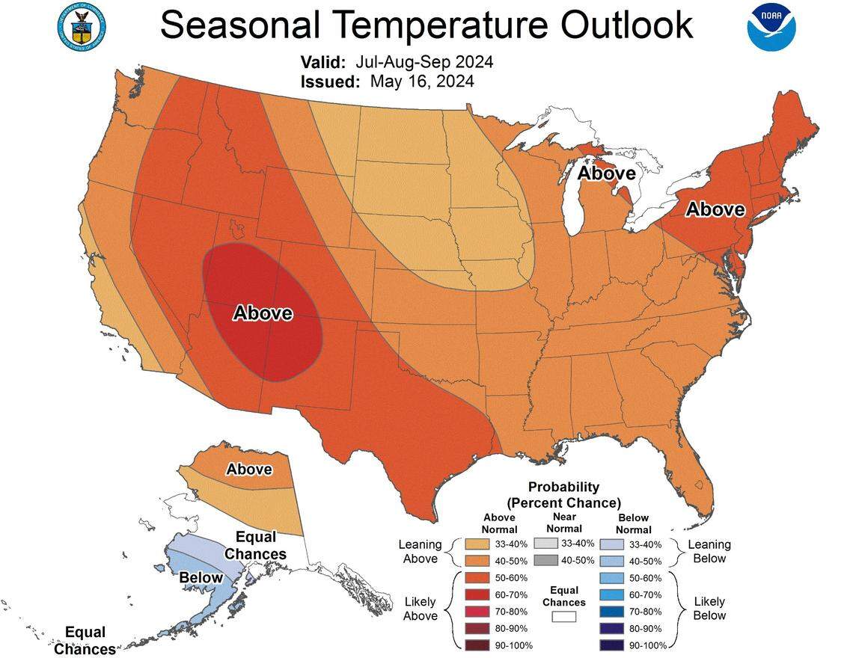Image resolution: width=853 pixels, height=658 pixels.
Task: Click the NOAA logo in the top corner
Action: point(771,27)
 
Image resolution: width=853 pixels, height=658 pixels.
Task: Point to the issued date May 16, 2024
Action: point(421,82)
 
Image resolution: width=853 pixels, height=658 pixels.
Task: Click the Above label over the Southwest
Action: point(263,313)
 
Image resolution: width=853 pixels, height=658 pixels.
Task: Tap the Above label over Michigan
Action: point(607,173)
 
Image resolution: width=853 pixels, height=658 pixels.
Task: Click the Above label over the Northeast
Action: point(715,209)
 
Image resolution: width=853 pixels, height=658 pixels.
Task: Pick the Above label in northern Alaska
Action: point(249,470)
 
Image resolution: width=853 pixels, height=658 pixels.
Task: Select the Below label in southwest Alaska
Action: point(201,577)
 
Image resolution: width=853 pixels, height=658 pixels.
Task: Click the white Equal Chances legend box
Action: point(564,617)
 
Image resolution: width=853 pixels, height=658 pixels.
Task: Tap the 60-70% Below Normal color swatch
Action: point(611,594)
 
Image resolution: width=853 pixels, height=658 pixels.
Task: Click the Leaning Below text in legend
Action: point(709,551)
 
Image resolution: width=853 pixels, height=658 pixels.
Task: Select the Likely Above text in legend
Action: point(420,608)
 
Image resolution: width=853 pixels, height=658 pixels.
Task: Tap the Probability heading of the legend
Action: point(563,487)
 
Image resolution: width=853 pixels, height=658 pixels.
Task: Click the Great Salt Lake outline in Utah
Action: point(238,225)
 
